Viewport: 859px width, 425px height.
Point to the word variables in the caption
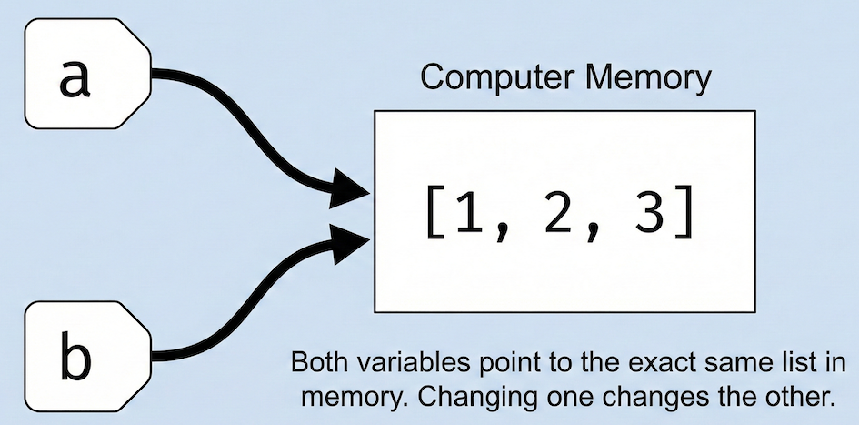pyautogui.click(x=403, y=364)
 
